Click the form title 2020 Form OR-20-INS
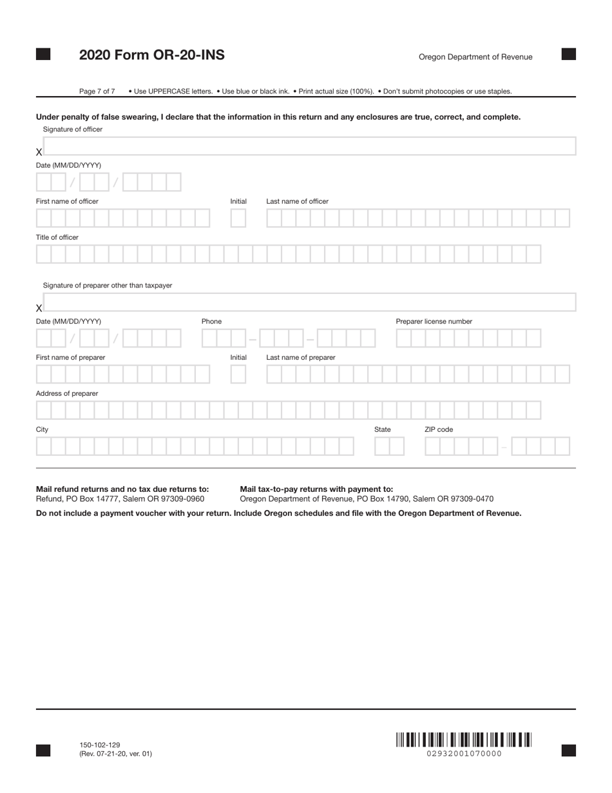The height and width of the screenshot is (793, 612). click(151, 55)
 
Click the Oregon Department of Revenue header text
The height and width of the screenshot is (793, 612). click(475, 57)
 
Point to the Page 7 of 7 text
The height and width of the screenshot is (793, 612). click(97, 92)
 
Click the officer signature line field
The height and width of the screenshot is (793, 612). click(309, 146)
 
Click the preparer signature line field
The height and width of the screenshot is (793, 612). click(309, 302)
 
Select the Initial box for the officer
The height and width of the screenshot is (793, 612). click(238, 219)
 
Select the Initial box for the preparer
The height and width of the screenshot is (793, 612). click(238, 375)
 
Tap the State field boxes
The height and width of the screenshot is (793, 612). click(389, 447)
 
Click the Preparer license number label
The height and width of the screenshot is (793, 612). click(434, 321)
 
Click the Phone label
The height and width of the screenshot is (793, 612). click(211, 321)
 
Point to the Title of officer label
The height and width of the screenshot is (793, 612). click(57, 237)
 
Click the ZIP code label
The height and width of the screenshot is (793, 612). click(438, 429)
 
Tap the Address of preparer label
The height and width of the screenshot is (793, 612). click(67, 393)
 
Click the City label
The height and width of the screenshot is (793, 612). click(42, 429)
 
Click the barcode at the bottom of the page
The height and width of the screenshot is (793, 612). click(464, 739)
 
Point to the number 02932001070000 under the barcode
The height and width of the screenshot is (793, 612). click(464, 754)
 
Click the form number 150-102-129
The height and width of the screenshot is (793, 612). click(100, 745)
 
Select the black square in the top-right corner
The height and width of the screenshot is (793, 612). click(569, 54)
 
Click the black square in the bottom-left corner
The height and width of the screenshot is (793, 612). click(43, 750)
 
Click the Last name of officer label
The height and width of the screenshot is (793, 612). click(297, 201)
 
